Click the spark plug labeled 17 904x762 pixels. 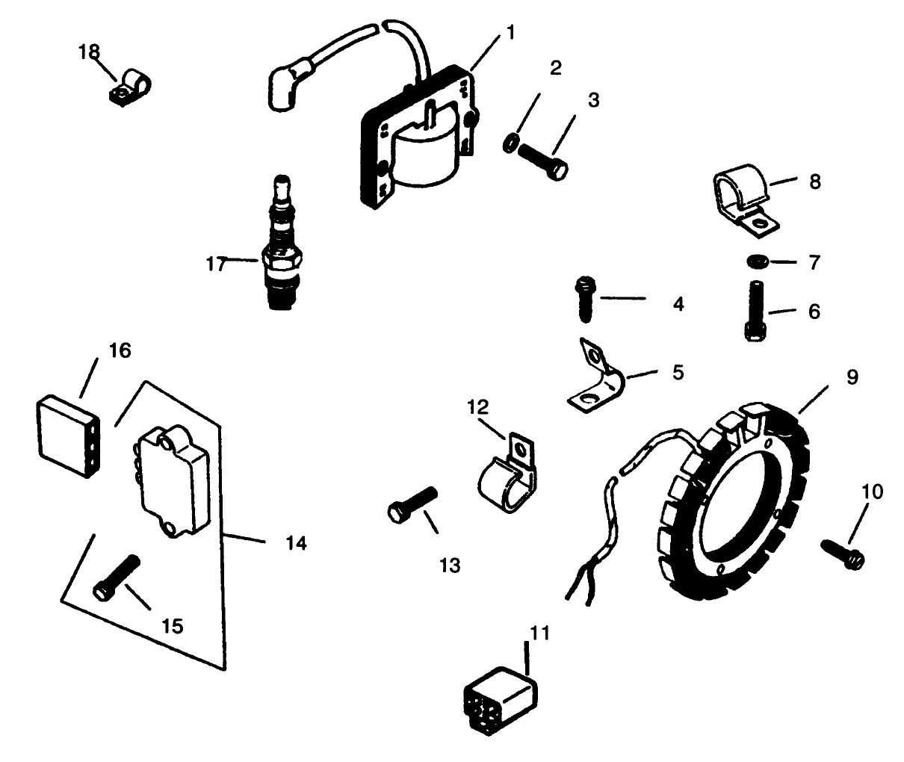(284, 247)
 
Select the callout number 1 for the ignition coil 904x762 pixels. (510, 32)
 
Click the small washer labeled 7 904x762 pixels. (755, 261)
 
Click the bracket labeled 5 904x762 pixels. (595, 381)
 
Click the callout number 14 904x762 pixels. (296, 543)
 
